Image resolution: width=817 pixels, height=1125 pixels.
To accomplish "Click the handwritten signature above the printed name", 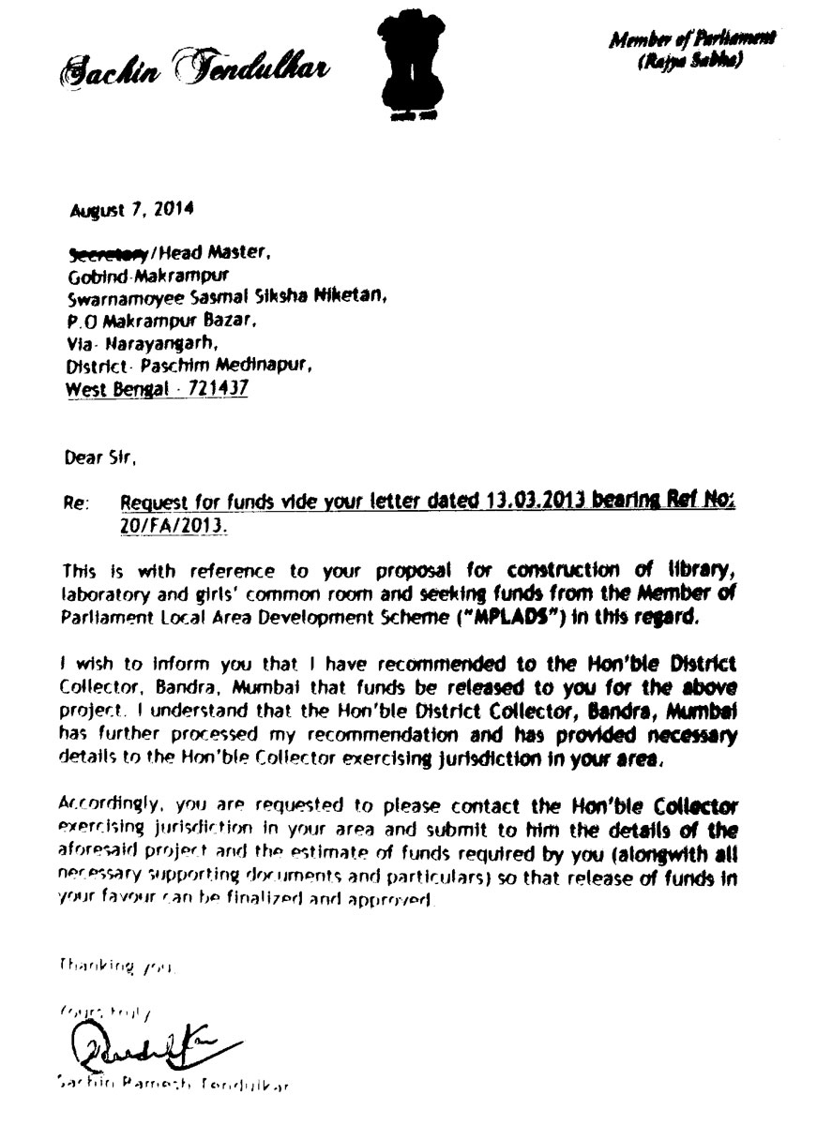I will point(141,1041).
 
